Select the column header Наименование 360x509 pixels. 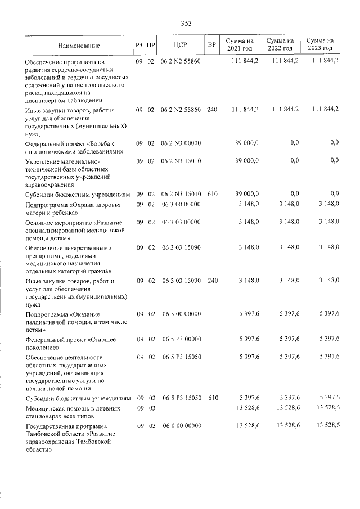pyautogui.click(x=79, y=44)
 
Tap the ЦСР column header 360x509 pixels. pyautogui.click(x=181, y=44)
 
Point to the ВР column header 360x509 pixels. pyautogui.click(x=211, y=44)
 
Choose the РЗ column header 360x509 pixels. pyautogui.click(x=139, y=44)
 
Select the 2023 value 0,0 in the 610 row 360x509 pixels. pyautogui.click(x=334, y=193)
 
